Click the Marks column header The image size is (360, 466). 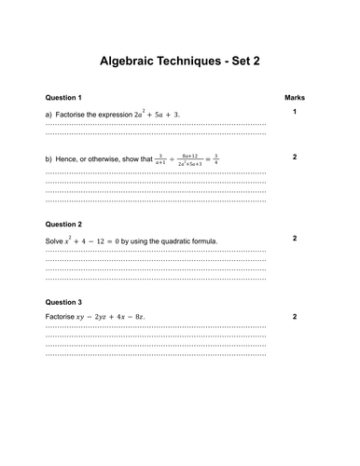[x=294, y=98]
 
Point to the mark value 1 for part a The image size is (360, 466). [x=294, y=113]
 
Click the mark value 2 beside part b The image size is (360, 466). [x=294, y=157]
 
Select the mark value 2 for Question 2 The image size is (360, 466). [x=294, y=239]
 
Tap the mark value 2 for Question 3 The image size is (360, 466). [x=294, y=317]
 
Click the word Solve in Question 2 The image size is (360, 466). [x=54, y=240]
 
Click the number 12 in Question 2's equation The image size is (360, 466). [x=104, y=240]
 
